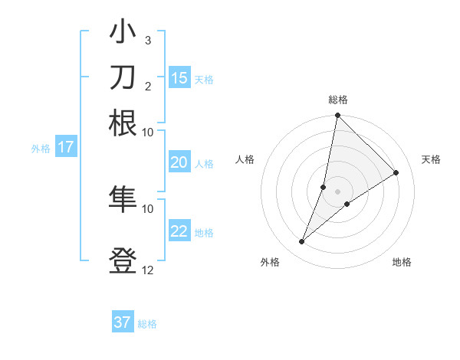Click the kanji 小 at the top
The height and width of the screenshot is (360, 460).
pyautogui.click(x=123, y=34)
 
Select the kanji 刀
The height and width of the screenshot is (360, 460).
pyautogui.click(x=123, y=77)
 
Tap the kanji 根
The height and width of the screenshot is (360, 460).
pyautogui.click(x=123, y=122)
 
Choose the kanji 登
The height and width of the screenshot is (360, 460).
pyautogui.click(x=123, y=260)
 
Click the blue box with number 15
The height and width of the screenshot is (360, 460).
pyautogui.click(x=179, y=78)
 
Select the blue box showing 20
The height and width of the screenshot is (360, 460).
pyautogui.click(x=179, y=162)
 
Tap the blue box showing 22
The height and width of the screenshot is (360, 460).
pyautogui.click(x=179, y=231)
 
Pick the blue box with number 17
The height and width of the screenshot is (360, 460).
pyautogui.click(x=66, y=147)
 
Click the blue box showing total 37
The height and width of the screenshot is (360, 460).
pyautogui.click(x=123, y=322)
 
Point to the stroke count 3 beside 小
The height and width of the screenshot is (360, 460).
pyautogui.click(x=147, y=40)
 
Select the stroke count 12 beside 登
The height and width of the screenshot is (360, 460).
pyautogui.click(x=147, y=269)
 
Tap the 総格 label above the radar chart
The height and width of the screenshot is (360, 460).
pyautogui.click(x=338, y=100)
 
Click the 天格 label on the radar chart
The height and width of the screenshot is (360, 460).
pyautogui.click(x=431, y=159)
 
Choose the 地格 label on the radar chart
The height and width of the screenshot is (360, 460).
pyautogui.click(x=402, y=262)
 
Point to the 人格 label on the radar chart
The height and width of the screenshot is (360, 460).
pyautogui.click(x=245, y=159)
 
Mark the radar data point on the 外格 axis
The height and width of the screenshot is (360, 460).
pyautogui.click(x=302, y=242)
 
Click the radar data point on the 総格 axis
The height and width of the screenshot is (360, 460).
pyautogui.click(x=337, y=116)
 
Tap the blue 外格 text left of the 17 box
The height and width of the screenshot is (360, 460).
pyautogui.click(x=41, y=148)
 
